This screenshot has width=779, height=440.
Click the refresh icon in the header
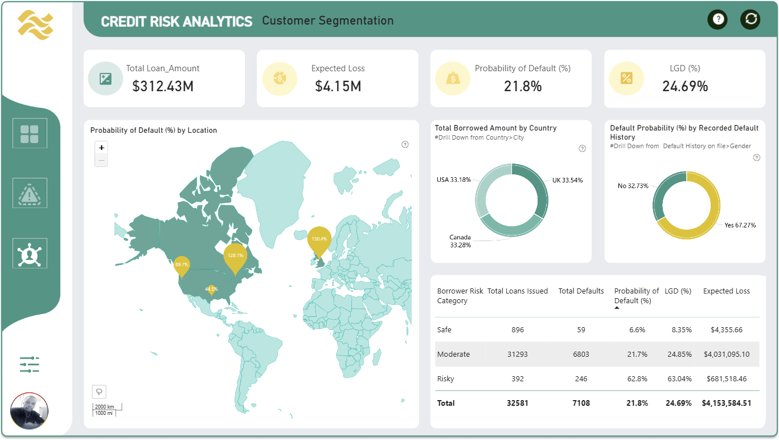tap(750, 19)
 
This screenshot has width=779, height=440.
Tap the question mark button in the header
tap(717, 19)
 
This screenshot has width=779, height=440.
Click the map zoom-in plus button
tap(101, 148)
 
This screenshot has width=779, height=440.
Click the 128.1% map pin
tap(235, 258)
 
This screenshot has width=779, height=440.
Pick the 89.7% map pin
tap(182, 266)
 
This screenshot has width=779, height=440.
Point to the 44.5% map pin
tap(211, 290)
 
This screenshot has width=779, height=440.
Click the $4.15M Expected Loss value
tap(338, 86)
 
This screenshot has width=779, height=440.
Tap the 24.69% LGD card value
tap(684, 86)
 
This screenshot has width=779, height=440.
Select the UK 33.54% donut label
tap(567, 180)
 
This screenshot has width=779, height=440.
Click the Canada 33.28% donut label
tap(460, 241)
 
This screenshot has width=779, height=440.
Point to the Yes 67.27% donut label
tap(740, 225)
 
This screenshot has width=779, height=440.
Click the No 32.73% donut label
tap(633, 186)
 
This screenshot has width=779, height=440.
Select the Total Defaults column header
tap(581, 291)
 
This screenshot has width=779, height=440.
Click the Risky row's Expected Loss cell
tap(727, 379)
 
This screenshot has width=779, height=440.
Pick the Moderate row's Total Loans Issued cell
tap(518, 355)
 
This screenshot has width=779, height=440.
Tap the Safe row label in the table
tap(444, 329)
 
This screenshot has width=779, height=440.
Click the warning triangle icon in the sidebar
tap(30, 194)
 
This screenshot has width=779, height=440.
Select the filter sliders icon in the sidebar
tap(30, 364)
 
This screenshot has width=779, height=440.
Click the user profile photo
tap(29, 411)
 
